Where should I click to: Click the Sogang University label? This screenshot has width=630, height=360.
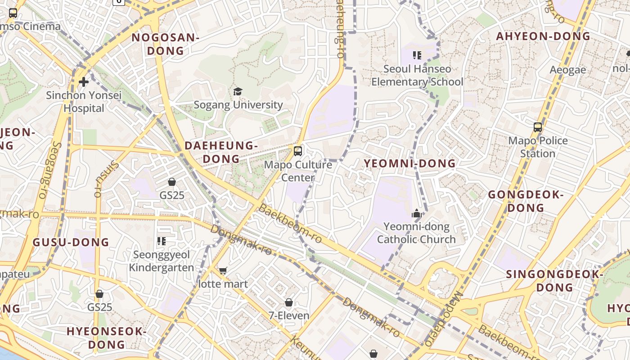point(238,105)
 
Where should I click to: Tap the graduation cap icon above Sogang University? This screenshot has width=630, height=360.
point(238,92)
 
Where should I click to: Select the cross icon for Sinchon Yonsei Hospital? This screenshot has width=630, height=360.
point(84,82)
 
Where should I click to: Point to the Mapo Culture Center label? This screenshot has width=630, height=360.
point(298,171)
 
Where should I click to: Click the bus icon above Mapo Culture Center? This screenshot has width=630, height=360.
point(297,151)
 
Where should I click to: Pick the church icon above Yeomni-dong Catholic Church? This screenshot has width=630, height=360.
point(417,213)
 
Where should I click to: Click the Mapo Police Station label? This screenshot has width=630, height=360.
point(538,147)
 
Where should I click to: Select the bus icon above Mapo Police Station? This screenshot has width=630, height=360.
point(538,127)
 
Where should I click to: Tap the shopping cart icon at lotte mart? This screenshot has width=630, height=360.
point(223,270)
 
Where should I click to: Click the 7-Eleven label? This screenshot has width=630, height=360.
point(289,315)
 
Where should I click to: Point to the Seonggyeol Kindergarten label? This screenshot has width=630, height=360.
point(162,261)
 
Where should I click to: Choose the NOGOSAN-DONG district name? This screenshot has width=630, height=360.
point(165,44)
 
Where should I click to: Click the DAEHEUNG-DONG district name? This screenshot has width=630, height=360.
point(221,152)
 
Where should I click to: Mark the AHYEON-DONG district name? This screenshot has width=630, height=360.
point(543,36)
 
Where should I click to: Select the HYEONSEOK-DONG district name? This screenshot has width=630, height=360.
point(107,338)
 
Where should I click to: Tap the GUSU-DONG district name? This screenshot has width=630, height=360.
point(71,242)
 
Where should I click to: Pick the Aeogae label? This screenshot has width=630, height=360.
point(568,70)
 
